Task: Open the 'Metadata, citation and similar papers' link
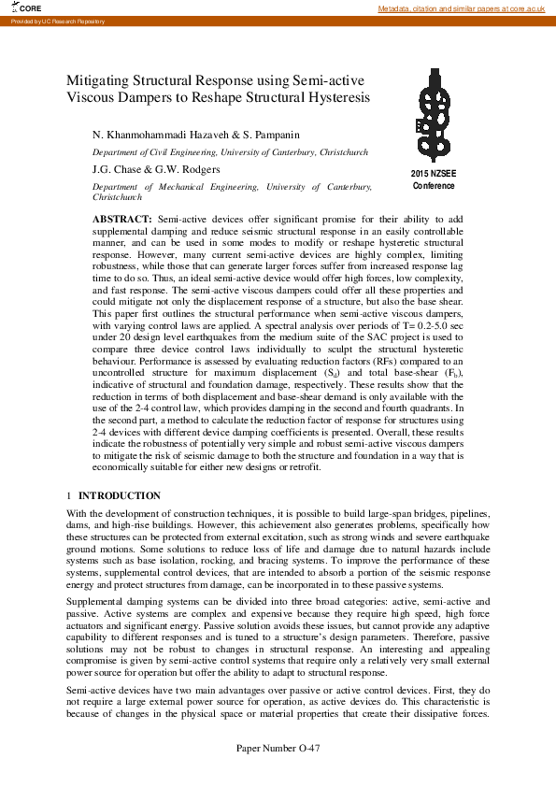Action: (x=461, y=8)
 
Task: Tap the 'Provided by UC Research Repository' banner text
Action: (x=45, y=21)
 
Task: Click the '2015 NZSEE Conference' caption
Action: (x=434, y=180)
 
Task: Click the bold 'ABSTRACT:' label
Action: (x=115, y=218)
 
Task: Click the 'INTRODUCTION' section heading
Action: (x=119, y=495)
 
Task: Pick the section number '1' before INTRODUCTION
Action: (x=69, y=495)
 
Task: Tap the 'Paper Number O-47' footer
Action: (x=278, y=774)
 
